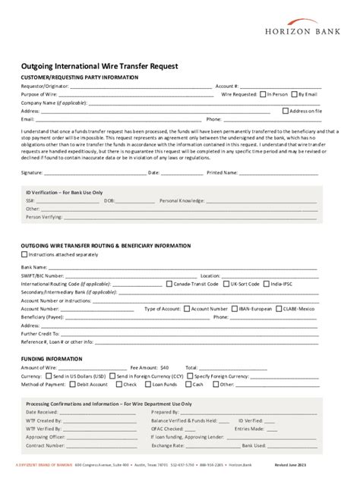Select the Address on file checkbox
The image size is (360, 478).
[x=285, y=111]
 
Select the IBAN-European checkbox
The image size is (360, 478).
[x=234, y=309]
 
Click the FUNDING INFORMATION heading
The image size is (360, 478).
[x=52, y=358]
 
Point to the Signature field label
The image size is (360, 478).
[x=32, y=173]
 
